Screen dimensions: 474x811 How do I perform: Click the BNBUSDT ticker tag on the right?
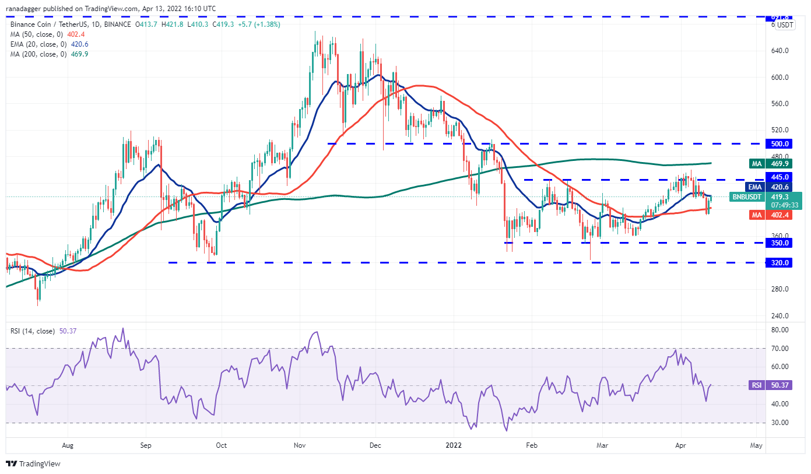pos(746,197)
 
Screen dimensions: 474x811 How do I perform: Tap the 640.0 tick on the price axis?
pos(780,51)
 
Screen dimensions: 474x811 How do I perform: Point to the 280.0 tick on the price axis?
pos(780,289)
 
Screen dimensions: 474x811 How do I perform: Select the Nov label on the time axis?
pos(300,445)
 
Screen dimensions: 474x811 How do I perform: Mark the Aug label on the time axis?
pos(68,445)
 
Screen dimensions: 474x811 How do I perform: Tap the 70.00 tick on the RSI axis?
pos(779,349)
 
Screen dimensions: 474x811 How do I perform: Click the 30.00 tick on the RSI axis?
pos(779,423)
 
